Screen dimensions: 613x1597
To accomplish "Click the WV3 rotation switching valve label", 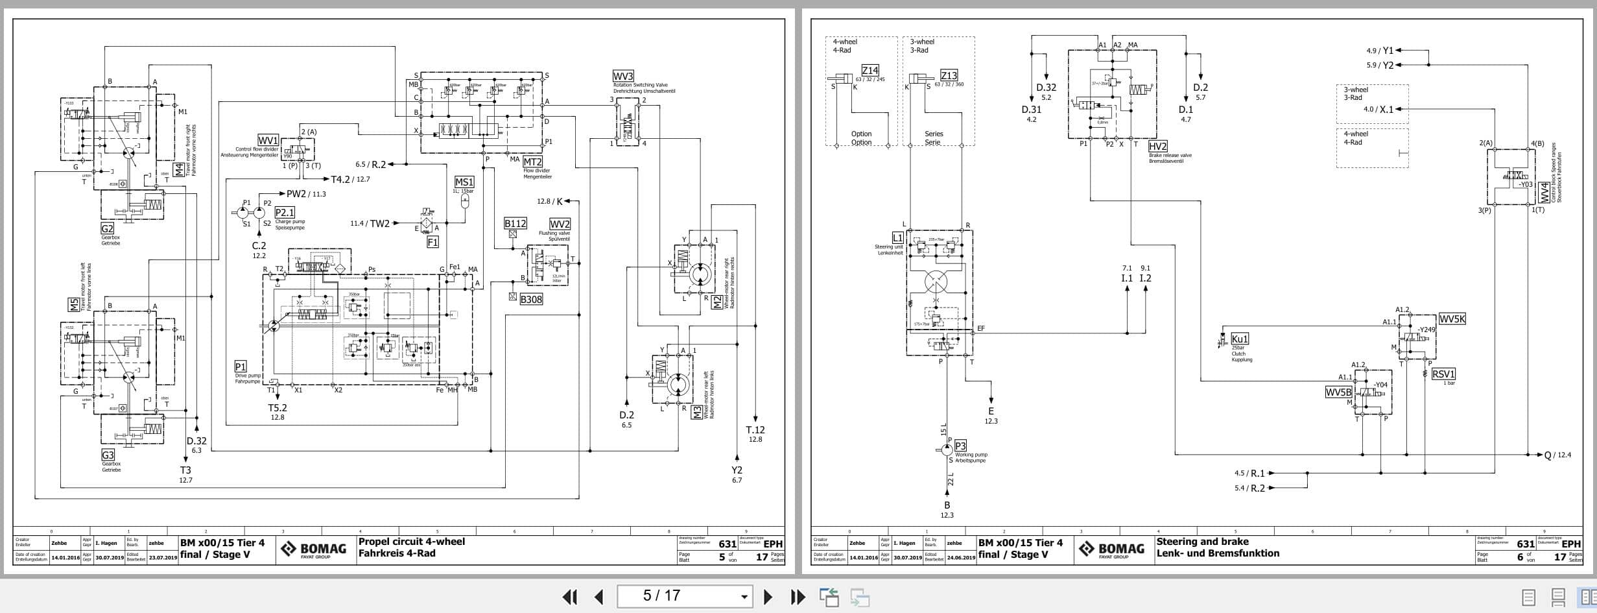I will [x=623, y=77].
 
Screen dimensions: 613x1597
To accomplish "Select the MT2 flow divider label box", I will [x=532, y=162].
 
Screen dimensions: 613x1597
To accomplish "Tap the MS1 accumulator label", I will [x=464, y=182].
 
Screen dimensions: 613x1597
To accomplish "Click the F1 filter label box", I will [x=432, y=242].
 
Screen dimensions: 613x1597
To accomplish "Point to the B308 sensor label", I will [x=531, y=299].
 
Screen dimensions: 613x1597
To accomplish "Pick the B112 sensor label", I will [x=515, y=224].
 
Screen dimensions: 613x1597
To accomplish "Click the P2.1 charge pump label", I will [x=285, y=213].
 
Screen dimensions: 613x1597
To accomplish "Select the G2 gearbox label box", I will [x=107, y=228].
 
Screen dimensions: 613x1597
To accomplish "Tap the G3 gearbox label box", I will [x=108, y=455].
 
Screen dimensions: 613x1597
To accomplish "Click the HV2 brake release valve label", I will [x=1157, y=147].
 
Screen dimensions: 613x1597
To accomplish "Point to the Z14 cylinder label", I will [x=870, y=70].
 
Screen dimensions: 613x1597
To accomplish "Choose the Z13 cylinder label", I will [x=949, y=75].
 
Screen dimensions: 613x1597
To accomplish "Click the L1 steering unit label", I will [x=897, y=238].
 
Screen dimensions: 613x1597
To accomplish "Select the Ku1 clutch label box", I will [x=1239, y=339].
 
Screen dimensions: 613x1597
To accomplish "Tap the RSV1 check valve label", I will [x=1443, y=374].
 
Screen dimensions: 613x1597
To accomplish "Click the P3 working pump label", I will [x=960, y=446].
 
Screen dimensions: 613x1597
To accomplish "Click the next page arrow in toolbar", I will [x=768, y=596].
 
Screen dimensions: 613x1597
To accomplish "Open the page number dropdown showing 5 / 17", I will [x=743, y=596].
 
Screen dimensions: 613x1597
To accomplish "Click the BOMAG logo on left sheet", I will [x=313, y=550].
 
